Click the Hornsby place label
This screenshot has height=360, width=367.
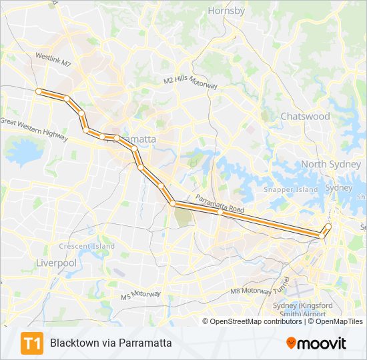click(x=226, y=11)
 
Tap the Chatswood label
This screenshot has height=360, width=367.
click(x=305, y=116)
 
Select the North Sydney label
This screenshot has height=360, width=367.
click(x=330, y=164)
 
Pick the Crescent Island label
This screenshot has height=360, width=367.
click(x=87, y=247)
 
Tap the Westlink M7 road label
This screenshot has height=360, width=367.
click(x=53, y=61)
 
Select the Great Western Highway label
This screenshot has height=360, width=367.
click(x=33, y=129)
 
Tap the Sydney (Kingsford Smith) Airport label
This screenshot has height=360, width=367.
click(x=300, y=309)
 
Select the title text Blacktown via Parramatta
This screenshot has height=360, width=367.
click(x=111, y=343)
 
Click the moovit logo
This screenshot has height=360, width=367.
click(x=316, y=343)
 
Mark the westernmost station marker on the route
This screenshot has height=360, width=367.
click(x=39, y=91)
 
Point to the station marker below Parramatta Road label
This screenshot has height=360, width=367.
click(x=220, y=213)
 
